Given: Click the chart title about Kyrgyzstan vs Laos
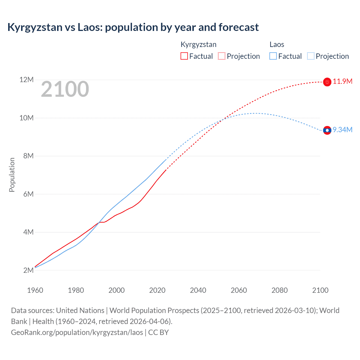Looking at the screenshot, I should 133,27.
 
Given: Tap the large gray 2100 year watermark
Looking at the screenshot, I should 65,89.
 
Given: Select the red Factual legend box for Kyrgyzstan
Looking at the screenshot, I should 184,56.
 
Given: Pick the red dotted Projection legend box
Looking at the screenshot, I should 222,56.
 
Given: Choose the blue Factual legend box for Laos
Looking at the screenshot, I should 273,56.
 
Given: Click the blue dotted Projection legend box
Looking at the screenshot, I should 311,56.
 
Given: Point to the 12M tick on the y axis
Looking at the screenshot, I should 26,80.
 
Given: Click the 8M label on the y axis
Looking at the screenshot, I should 28,156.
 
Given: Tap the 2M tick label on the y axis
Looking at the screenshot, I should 28,270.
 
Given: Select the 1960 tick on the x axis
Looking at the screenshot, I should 35,290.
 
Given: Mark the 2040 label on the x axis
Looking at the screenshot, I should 198,290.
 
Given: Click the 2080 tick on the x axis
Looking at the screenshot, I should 280,290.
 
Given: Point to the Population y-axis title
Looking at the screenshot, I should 12,175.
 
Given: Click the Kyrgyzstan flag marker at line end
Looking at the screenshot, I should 327,82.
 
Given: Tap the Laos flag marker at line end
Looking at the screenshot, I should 327,130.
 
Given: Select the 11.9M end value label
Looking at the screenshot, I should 343,82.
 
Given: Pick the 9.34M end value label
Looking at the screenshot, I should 343,130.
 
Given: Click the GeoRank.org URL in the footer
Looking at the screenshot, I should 77,332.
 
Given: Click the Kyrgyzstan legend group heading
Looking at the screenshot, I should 198,44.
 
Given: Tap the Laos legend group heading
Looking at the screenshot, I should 277,44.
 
